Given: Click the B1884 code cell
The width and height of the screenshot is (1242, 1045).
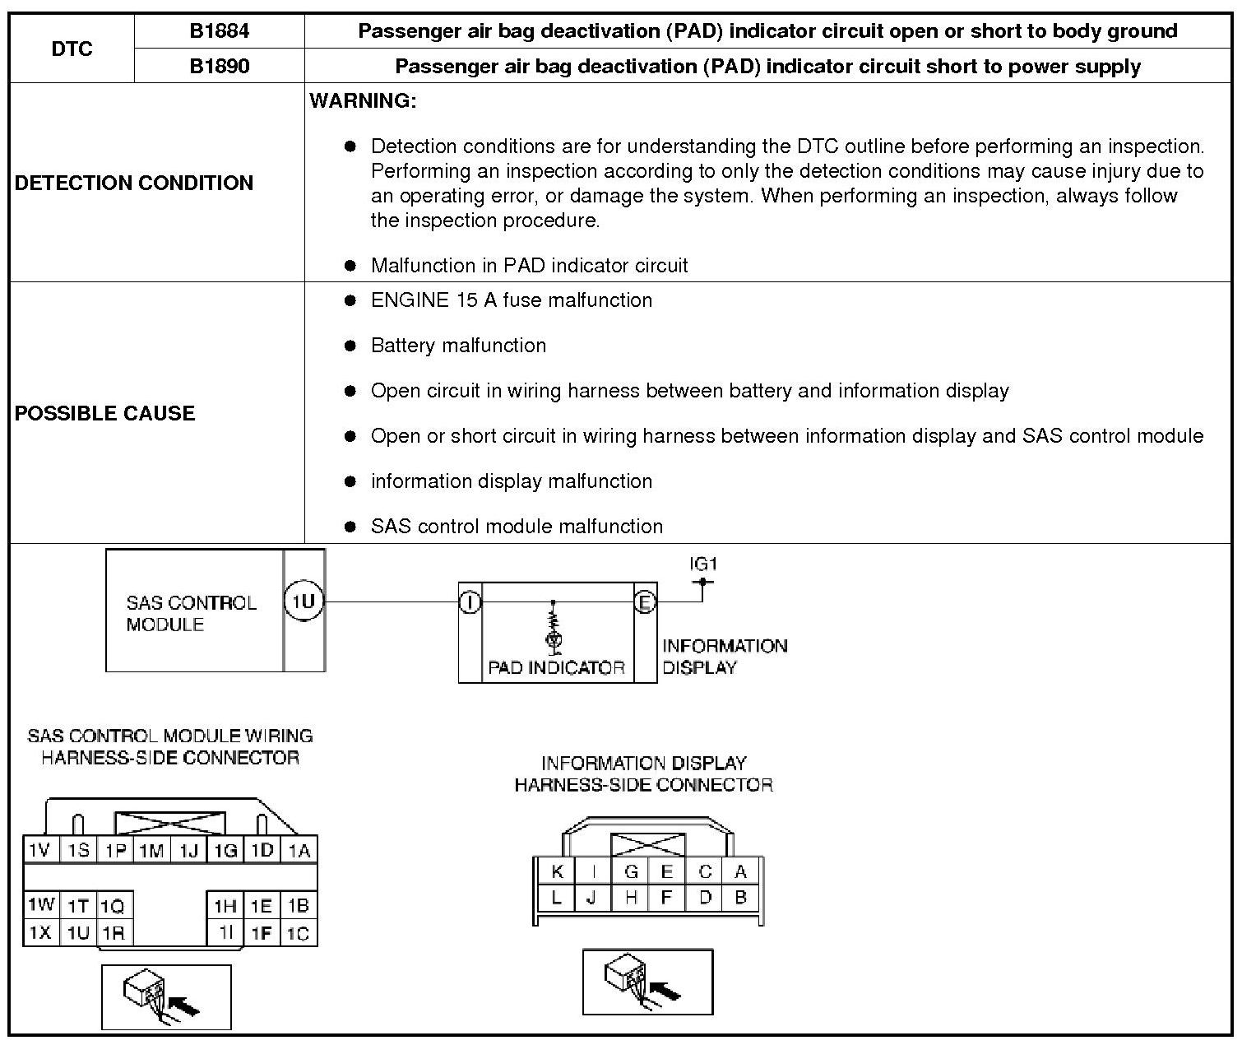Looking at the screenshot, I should [x=219, y=31].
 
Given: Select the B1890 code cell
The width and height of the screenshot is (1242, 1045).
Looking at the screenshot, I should [x=219, y=66].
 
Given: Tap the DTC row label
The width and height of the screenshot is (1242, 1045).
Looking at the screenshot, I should [x=72, y=49].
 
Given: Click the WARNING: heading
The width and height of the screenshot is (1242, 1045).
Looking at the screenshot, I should [x=363, y=101].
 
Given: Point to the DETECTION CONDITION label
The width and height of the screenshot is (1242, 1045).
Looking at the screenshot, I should [x=134, y=183].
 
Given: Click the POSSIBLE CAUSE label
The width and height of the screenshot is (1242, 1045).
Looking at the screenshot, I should [x=104, y=413].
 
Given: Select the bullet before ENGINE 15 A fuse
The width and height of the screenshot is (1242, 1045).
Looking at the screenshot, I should [x=350, y=301].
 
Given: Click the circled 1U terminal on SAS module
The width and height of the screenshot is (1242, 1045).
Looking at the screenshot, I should [x=304, y=601].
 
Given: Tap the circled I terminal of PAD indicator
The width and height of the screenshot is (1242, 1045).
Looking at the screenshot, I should [x=470, y=602].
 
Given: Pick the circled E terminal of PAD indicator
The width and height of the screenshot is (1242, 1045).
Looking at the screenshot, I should [x=645, y=602].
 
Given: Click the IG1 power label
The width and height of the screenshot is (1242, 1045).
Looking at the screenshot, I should [x=703, y=564].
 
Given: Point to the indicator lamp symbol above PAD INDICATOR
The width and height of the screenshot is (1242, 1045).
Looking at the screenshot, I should [x=554, y=639].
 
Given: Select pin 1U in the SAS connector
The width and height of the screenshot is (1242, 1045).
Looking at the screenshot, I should [x=78, y=933].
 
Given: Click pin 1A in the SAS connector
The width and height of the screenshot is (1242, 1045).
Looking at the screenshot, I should [x=299, y=850].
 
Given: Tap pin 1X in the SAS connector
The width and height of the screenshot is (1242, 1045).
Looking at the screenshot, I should [x=39, y=933].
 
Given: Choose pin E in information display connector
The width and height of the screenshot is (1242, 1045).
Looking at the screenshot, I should [x=667, y=872].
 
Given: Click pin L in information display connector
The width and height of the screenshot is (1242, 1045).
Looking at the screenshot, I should [x=557, y=897].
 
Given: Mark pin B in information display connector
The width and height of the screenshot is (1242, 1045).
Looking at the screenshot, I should [x=740, y=897].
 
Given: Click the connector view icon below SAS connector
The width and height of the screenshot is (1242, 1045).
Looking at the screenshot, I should [x=166, y=997].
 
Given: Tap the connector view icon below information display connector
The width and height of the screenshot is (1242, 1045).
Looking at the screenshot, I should [x=647, y=982].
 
